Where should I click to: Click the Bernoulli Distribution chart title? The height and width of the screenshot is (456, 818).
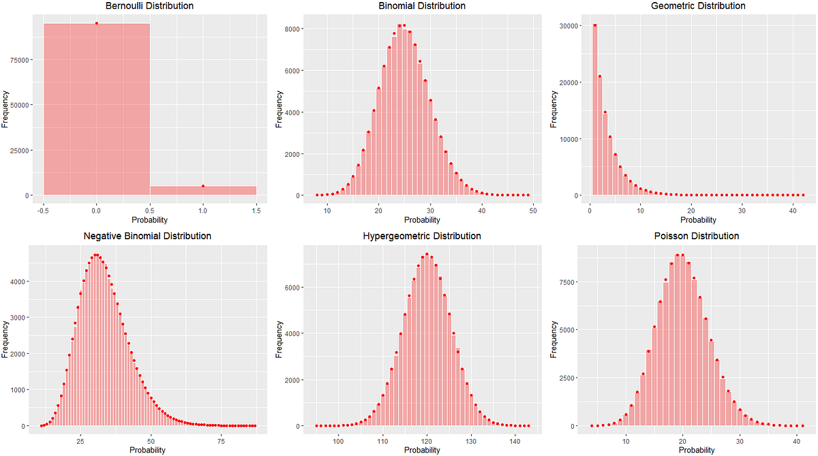click(x=149, y=6)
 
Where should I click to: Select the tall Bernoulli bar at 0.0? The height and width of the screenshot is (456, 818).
click(x=97, y=109)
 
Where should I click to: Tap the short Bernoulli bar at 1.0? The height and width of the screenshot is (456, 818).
click(x=203, y=191)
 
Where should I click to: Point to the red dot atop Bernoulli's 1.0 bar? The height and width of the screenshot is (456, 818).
click(x=203, y=186)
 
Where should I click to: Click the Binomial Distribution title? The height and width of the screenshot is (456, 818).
click(x=422, y=6)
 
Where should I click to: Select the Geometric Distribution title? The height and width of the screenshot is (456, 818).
click(x=694, y=6)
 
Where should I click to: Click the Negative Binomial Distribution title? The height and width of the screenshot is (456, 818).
click(x=147, y=237)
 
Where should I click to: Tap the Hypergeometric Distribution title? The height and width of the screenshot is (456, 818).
click(x=422, y=237)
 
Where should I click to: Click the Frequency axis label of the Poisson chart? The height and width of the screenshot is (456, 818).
click(x=554, y=341)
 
